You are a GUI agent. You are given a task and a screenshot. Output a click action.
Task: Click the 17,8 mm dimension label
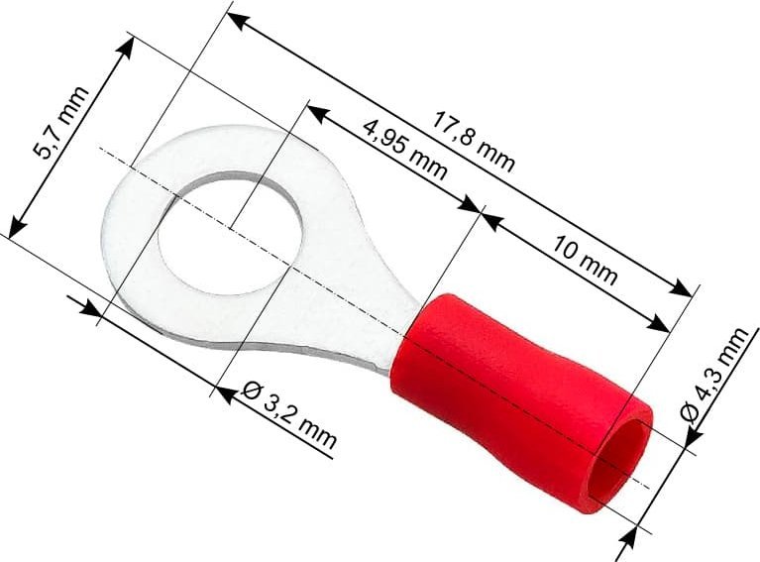474,139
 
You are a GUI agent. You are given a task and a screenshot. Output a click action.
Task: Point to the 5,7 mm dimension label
61,123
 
